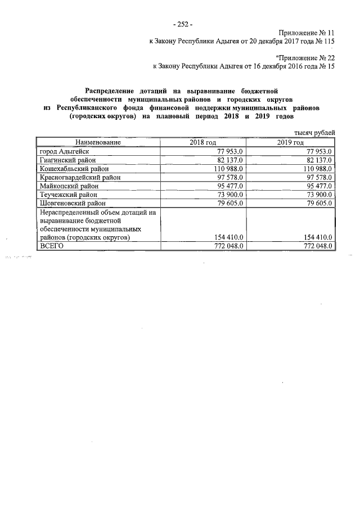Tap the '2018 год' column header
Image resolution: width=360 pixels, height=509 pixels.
(x=202, y=143)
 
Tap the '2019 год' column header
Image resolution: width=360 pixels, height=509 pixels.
(x=290, y=143)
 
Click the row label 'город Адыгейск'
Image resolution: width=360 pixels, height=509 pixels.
(x=64, y=151)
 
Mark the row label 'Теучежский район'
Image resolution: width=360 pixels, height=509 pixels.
(x=67, y=193)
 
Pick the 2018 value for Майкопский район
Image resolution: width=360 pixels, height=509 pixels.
(x=228, y=185)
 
